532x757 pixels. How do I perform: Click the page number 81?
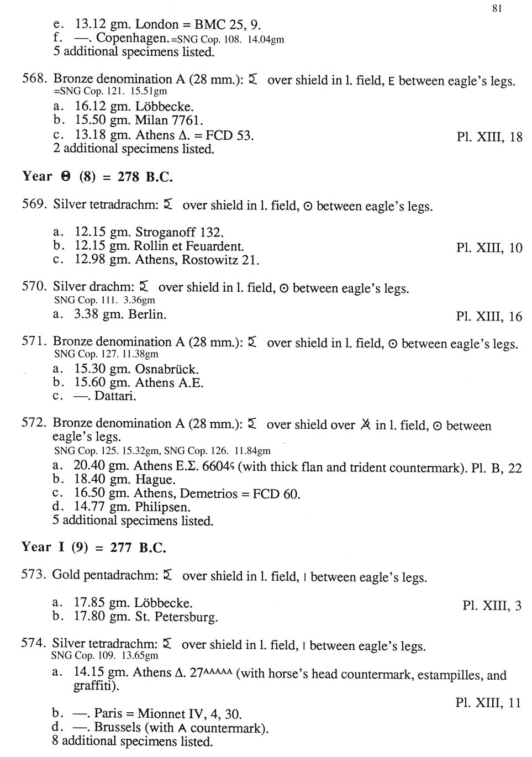[x=496, y=8]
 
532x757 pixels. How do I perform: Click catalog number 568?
[x=34, y=79]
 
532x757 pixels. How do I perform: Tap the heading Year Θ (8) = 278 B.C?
[x=97, y=177]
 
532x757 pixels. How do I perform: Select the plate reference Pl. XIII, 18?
[x=489, y=137]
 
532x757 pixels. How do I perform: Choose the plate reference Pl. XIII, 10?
[x=489, y=248]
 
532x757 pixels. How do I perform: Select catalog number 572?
[x=33, y=423]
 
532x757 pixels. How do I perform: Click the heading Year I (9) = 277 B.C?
[x=94, y=548]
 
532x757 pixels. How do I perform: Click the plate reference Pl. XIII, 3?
[x=492, y=606]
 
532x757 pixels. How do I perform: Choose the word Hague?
[x=155, y=480]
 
